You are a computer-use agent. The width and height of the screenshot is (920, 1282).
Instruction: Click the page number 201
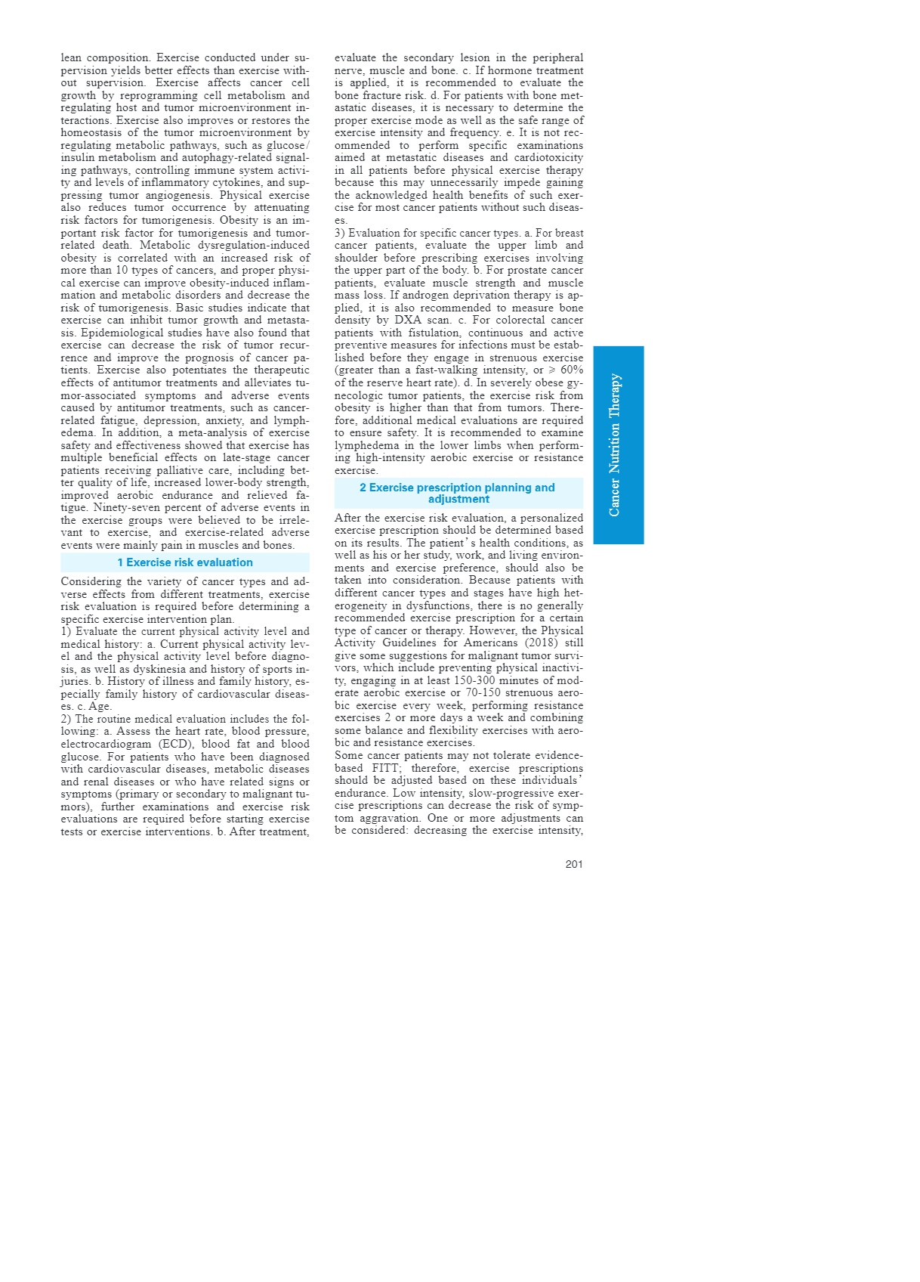pyautogui.click(x=573, y=864)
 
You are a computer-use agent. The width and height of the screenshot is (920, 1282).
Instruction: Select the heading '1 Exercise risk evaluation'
pyautogui.click(x=185, y=562)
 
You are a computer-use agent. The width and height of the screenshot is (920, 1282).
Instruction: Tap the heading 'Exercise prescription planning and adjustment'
pyautogui.click(x=458, y=493)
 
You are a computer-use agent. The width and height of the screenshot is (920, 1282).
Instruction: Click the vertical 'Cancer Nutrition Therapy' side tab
pyautogui.click(x=618, y=445)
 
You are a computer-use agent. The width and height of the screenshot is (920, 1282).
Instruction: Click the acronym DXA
pyautogui.click(x=407, y=320)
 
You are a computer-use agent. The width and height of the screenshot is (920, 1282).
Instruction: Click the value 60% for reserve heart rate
pyautogui.click(x=572, y=370)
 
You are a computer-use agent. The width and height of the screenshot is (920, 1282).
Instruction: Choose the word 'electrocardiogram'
pyautogui.click(x=106, y=744)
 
